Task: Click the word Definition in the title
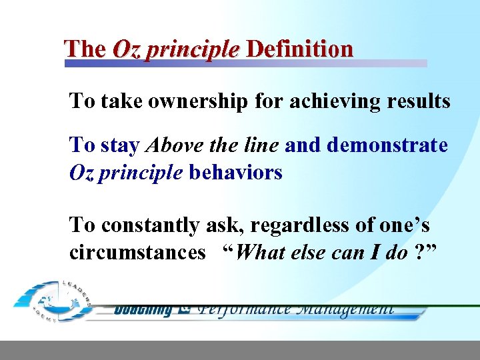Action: point(299,49)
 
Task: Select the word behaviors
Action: point(235,173)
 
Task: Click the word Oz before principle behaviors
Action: point(82,173)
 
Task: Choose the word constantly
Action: point(150,225)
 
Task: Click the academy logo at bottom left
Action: point(53,301)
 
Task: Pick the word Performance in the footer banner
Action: point(245,309)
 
